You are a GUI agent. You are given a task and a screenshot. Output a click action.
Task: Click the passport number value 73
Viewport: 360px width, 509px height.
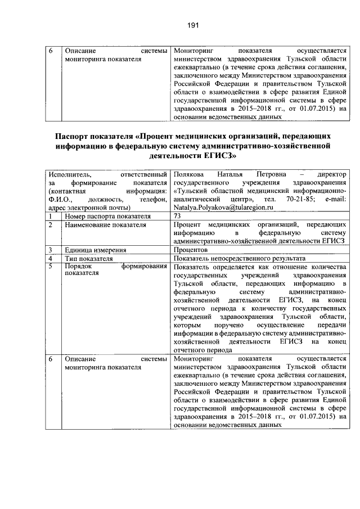[178, 216]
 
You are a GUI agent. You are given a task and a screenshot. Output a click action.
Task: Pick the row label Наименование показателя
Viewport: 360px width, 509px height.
[105, 224]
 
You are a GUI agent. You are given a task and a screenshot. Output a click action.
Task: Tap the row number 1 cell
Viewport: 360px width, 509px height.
[51, 216]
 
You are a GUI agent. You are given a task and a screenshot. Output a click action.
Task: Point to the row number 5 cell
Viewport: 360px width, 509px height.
[51, 265]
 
